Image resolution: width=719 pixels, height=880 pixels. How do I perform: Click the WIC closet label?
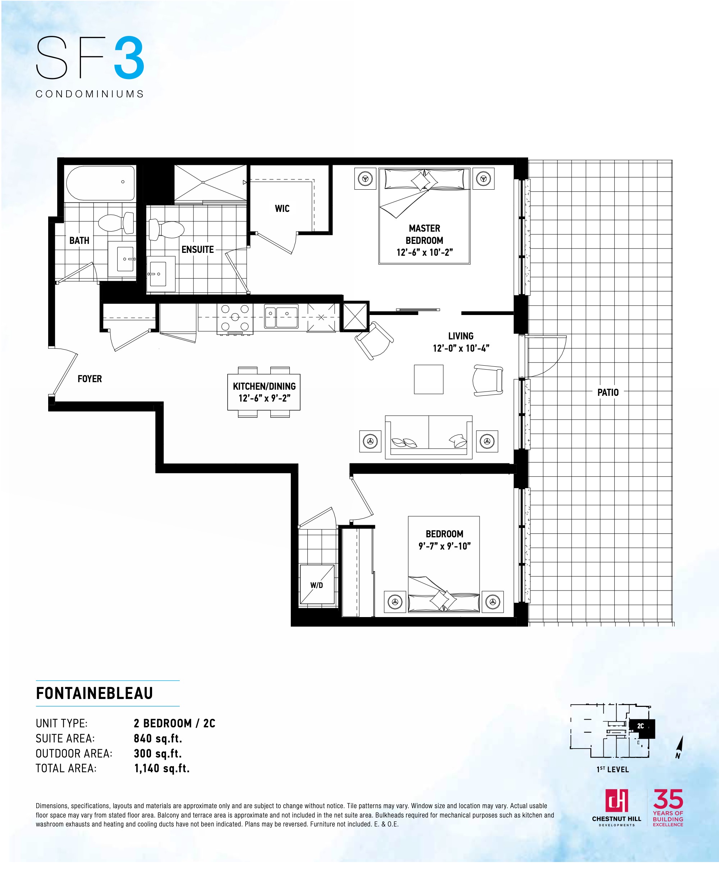tap(282, 209)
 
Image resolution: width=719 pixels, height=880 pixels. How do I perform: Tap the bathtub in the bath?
tap(101, 183)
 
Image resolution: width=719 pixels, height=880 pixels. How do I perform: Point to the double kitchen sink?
tap(281, 316)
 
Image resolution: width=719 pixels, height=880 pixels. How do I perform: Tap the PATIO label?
tap(608, 392)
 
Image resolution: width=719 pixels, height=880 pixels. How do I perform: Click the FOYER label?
tap(90, 379)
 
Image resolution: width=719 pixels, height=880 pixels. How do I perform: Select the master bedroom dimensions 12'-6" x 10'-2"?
tap(425, 253)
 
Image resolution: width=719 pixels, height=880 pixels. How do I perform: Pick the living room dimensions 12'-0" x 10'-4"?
tap(461, 348)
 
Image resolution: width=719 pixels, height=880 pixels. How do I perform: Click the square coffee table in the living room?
tap(429, 379)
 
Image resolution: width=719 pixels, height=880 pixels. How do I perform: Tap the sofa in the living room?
tap(429, 437)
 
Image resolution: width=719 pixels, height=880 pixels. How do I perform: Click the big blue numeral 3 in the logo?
tap(129, 58)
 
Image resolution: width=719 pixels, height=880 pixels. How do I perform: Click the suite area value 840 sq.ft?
tap(158, 738)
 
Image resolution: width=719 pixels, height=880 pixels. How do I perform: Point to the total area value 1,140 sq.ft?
tap(162, 768)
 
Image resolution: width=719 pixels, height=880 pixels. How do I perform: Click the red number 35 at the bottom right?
tap(668, 799)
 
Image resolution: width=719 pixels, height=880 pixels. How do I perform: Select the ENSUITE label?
tap(198, 250)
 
